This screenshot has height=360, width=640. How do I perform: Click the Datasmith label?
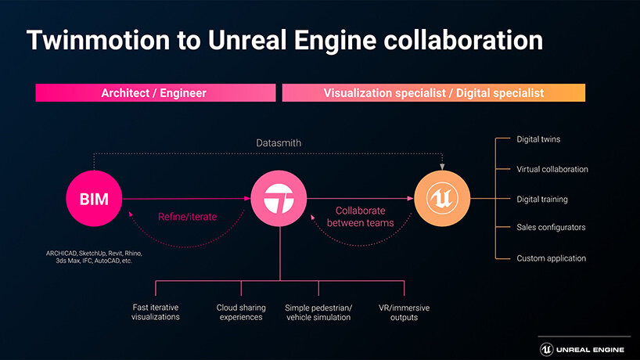click(x=279, y=143)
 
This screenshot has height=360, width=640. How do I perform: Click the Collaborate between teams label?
click(x=360, y=217)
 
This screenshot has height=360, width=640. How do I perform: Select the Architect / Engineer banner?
click(x=154, y=93)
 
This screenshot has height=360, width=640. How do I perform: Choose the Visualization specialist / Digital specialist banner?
click(x=433, y=93)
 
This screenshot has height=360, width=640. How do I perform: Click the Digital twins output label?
click(x=538, y=139)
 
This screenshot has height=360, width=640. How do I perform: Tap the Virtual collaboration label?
click(x=552, y=169)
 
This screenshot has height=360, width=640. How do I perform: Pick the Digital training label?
click(x=542, y=199)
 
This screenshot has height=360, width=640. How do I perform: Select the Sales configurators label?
click(x=551, y=228)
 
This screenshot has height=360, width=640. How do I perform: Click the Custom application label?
click(x=551, y=257)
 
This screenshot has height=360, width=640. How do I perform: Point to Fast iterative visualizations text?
click(x=156, y=312)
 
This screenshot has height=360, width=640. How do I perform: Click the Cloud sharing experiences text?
click(x=240, y=312)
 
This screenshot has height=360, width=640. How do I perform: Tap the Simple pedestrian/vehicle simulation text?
click(x=318, y=312)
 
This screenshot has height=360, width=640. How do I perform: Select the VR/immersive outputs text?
click(x=404, y=312)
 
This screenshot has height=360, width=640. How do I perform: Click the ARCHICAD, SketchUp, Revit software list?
click(x=94, y=257)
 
